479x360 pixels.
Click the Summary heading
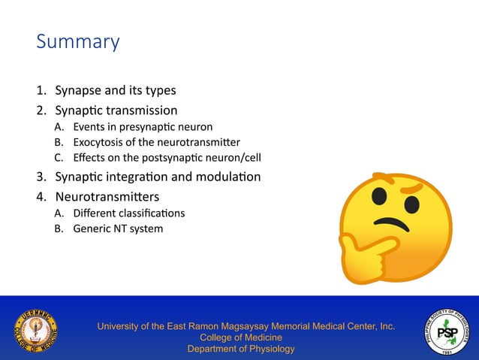tap(77, 41)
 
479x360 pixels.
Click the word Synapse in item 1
tap(78, 91)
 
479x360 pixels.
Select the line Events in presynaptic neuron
tap(143, 127)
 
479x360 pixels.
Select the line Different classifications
tap(128, 213)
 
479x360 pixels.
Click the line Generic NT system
tap(117, 228)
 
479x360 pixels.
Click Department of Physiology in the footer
tap(241, 349)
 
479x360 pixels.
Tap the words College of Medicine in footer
tap(241, 337)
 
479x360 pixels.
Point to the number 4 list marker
tap(41, 197)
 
